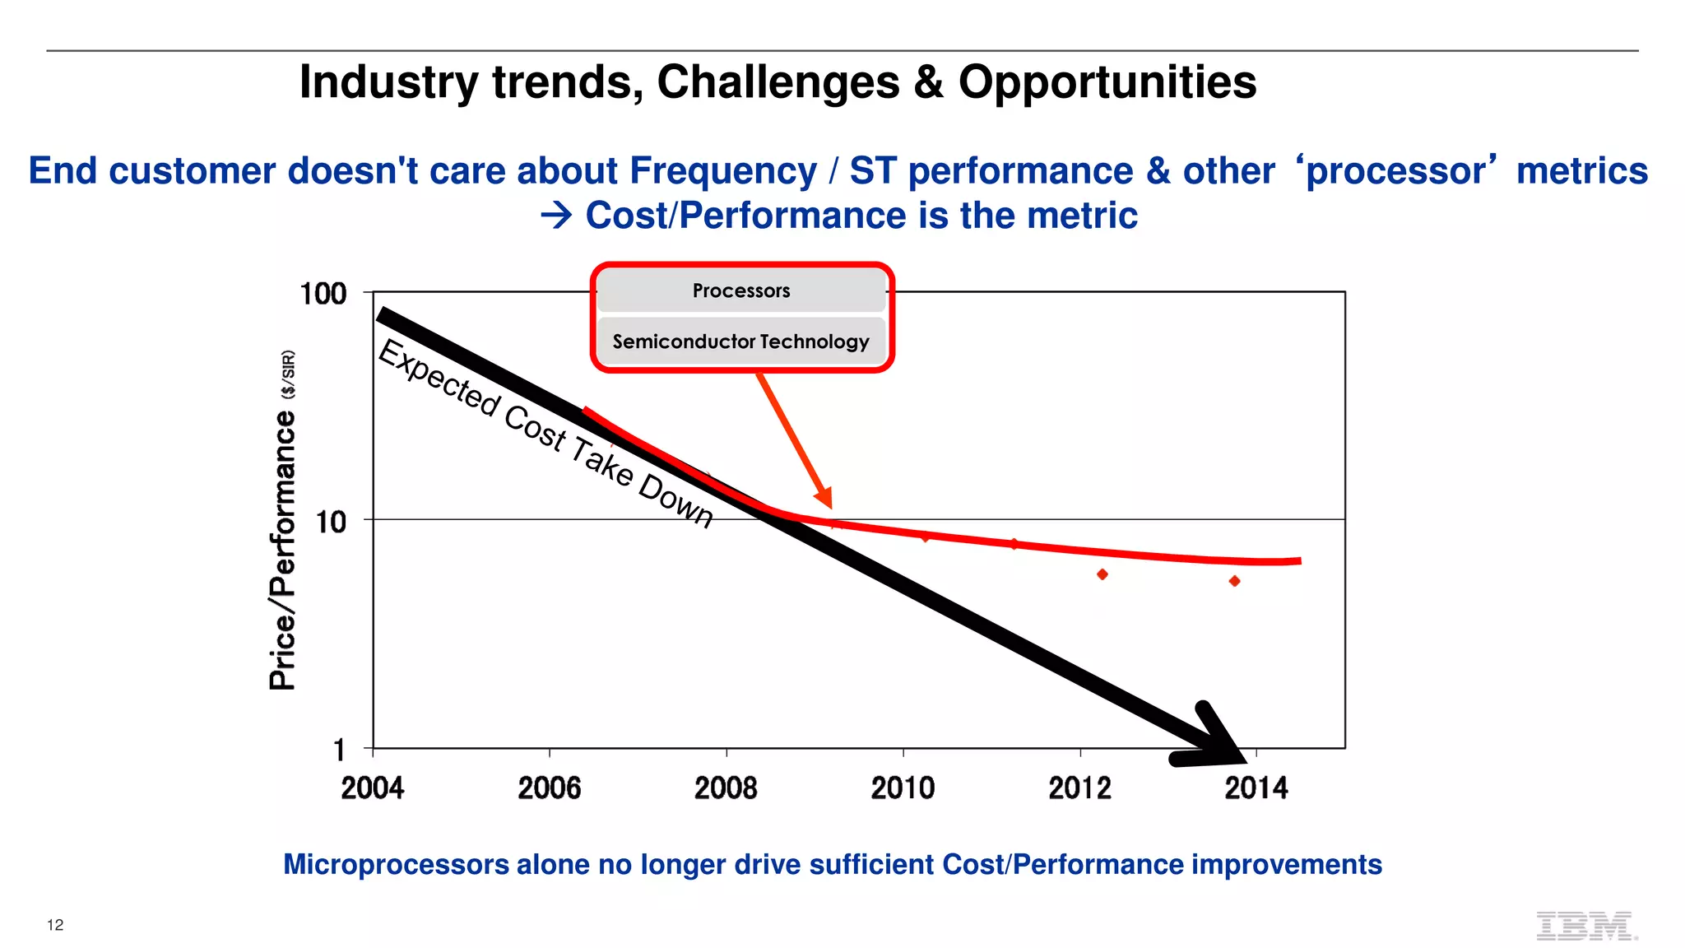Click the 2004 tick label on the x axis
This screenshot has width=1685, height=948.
372,788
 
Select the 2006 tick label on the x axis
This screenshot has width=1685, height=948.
549,788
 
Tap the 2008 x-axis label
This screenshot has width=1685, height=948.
726,788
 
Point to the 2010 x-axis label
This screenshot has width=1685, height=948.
903,788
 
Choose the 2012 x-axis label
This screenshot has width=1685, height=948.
1079,788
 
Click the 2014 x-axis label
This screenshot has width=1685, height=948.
1256,788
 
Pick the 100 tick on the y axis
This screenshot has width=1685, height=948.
323,294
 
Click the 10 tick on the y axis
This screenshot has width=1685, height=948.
331,522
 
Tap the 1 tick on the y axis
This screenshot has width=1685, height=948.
339,750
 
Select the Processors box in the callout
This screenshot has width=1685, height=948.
741,290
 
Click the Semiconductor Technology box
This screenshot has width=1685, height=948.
741,342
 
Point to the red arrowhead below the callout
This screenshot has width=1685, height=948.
824,497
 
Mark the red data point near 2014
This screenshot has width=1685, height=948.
1234,581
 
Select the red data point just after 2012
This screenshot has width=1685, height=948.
1102,574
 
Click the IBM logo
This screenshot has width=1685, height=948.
1585,926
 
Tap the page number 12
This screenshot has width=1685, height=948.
55,925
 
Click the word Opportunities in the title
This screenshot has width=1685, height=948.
1107,82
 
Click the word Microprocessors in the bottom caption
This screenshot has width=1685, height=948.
396,865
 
